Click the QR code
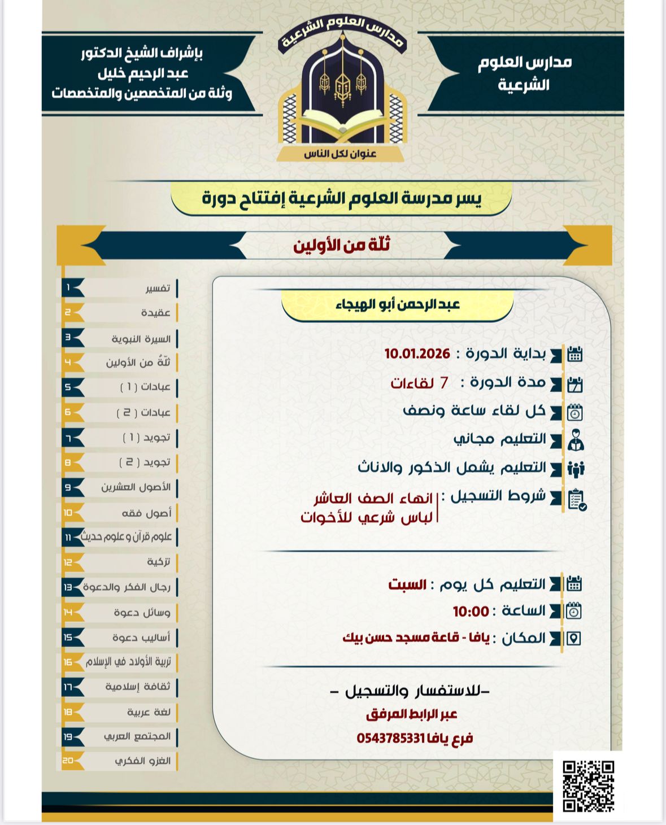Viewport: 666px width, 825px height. point(588,785)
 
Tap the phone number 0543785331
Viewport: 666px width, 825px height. point(390,738)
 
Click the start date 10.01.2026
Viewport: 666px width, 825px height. point(417,354)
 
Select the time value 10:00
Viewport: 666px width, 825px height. point(471,612)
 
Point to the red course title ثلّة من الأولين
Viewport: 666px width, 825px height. point(341,245)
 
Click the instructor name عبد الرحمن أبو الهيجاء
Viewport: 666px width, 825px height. point(398,305)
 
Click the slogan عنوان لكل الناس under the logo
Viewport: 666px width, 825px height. point(340,154)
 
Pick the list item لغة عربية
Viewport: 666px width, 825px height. point(149,712)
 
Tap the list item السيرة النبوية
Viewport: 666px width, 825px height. point(141,339)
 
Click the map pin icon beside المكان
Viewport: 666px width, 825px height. point(573,639)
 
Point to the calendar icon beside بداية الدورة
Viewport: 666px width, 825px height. point(574,355)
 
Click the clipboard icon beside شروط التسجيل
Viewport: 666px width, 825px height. point(576,500)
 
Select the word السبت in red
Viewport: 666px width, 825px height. point(407,584)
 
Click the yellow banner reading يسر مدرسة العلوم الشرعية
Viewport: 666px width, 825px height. point(341,198)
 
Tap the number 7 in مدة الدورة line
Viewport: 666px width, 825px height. point(444,383)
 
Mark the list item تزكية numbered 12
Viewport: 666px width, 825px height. point(158,562)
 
